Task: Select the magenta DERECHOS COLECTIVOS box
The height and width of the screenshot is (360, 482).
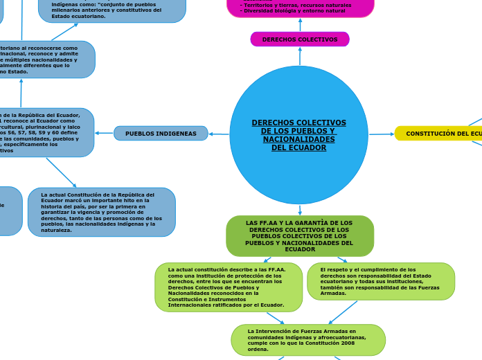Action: click(300, 39)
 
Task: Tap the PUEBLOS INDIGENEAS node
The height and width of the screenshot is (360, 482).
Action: click(161, 133)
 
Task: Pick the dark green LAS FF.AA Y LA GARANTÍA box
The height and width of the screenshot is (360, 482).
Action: click(299, 236)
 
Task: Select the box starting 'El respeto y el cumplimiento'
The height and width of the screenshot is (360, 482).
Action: click(380, 281)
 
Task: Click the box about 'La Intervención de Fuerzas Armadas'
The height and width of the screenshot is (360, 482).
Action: click(307, 340)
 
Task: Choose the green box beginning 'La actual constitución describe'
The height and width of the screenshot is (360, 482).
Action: click(228, 287)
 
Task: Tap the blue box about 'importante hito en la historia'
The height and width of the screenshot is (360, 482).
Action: click(101, 212)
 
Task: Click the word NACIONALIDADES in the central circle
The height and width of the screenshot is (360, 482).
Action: click(299, 139)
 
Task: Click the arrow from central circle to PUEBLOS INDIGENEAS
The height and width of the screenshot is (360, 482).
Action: click(219, 134)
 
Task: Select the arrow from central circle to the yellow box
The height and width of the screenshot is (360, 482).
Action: click(382, 134)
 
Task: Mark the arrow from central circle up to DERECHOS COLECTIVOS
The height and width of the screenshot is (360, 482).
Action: click(300, 56)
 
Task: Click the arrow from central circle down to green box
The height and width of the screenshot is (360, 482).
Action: click(300, 210)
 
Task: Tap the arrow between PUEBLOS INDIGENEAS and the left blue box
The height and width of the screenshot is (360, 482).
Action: click(104, 133)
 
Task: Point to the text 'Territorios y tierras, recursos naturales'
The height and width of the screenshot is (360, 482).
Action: click(296, 5)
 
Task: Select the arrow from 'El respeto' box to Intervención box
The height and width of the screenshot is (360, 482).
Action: click(343, 312)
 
